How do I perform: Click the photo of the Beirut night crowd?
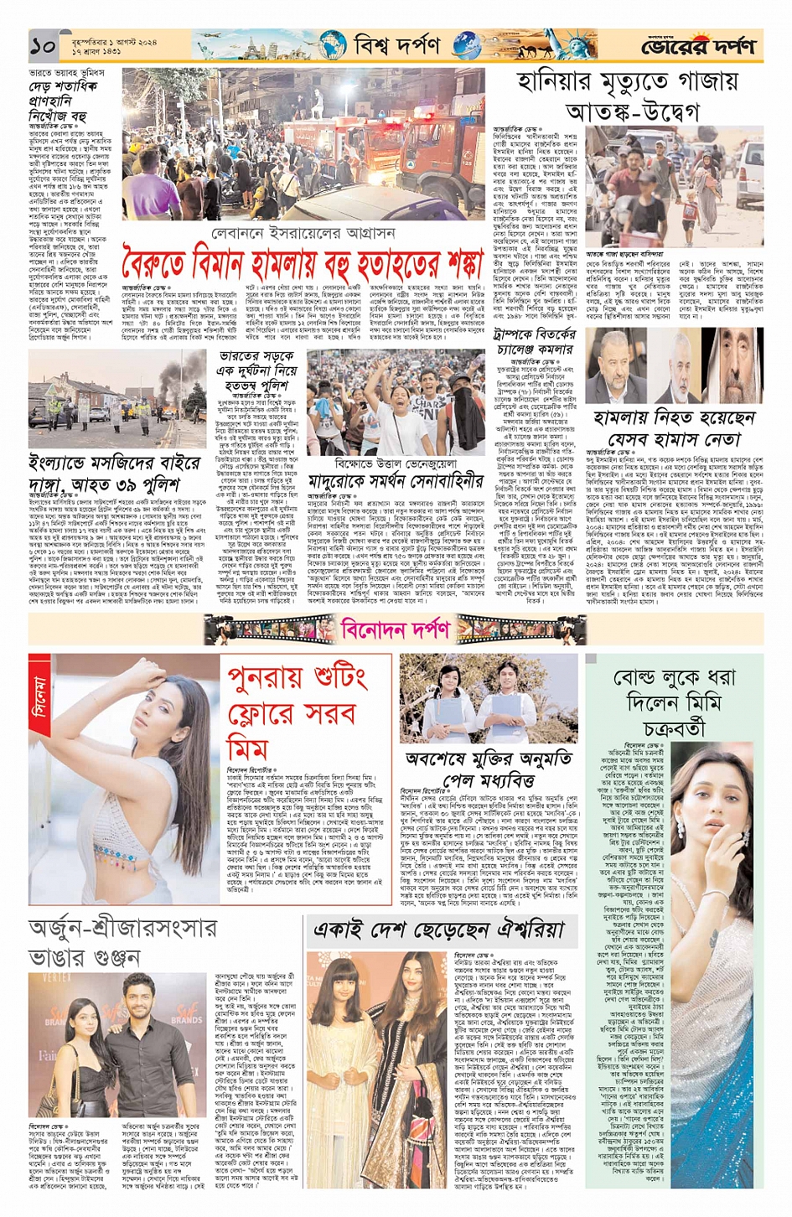tap(303, 144)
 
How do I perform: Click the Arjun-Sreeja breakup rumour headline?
tap(122, 941)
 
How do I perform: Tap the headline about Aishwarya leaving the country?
tap(438, 929)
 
